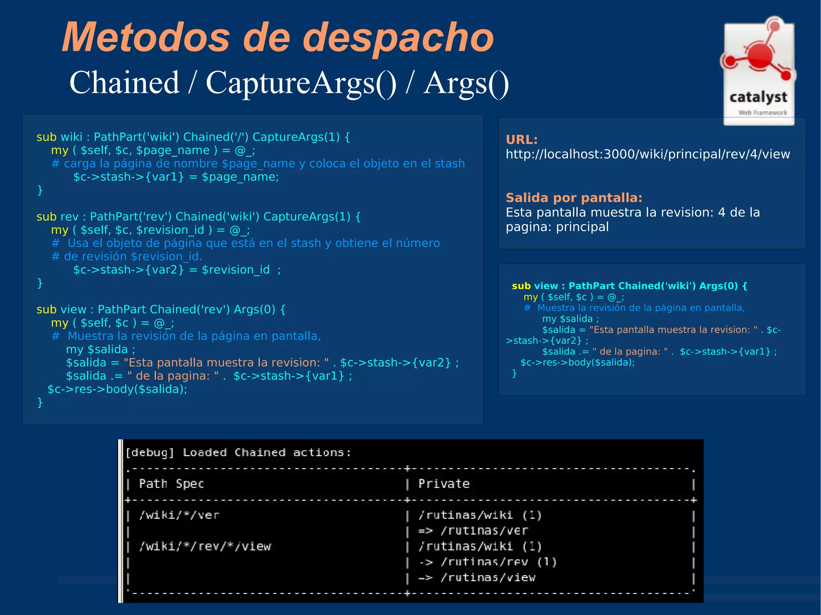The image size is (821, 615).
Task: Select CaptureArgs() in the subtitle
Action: tap(301, 83)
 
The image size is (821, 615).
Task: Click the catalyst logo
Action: tap(758, 71)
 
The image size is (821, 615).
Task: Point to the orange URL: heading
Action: tap(522, 140)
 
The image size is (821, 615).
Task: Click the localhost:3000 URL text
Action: tap(647, 154)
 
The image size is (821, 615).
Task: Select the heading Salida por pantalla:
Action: tap(574, 198)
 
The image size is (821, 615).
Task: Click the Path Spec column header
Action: tap(171, 484)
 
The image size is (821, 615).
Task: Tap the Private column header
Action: tap(444, 484)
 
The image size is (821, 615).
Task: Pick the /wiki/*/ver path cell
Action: tap(179, 515)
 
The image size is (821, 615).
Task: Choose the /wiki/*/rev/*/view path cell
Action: tap(205, 546)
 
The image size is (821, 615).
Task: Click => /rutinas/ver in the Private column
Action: tap(473, 531)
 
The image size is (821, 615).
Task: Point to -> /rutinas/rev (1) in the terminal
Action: tap(487, 562)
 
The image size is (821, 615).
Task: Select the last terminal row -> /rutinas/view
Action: tap(477, 578)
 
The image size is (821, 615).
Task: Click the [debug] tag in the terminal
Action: tap(150, 453)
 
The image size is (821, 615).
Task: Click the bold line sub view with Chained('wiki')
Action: tap(629, 286)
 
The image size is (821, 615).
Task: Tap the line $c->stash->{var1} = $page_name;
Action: tap(176, 177)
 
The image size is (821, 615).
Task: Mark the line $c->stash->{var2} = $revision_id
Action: tap(177, 270)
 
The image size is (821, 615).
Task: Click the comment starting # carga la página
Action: tap(258, 164)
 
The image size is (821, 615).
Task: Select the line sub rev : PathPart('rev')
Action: tap(198, 217)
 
